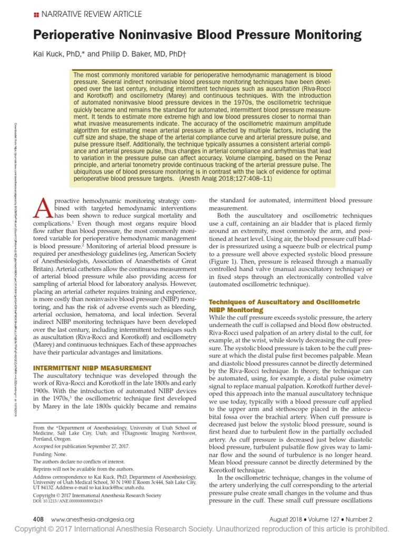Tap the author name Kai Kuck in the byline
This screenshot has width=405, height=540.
[x=46, y=55]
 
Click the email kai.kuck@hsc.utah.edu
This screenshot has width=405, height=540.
[x=128, y=487]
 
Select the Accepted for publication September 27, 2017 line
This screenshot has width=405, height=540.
[x=85, y=446]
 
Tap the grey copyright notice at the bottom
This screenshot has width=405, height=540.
[x=202, y=529]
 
